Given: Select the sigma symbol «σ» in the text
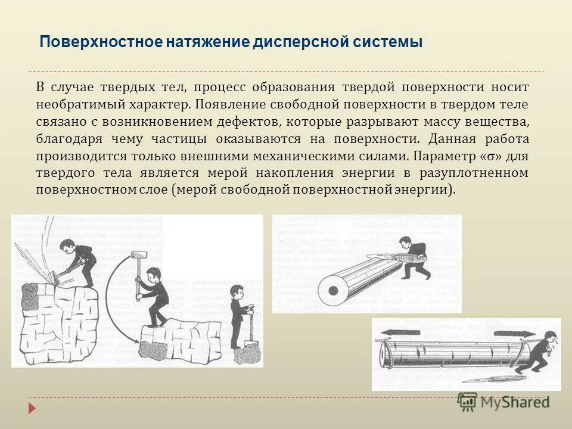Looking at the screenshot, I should click(489, 156).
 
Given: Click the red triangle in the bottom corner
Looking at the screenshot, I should click(33, 409).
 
